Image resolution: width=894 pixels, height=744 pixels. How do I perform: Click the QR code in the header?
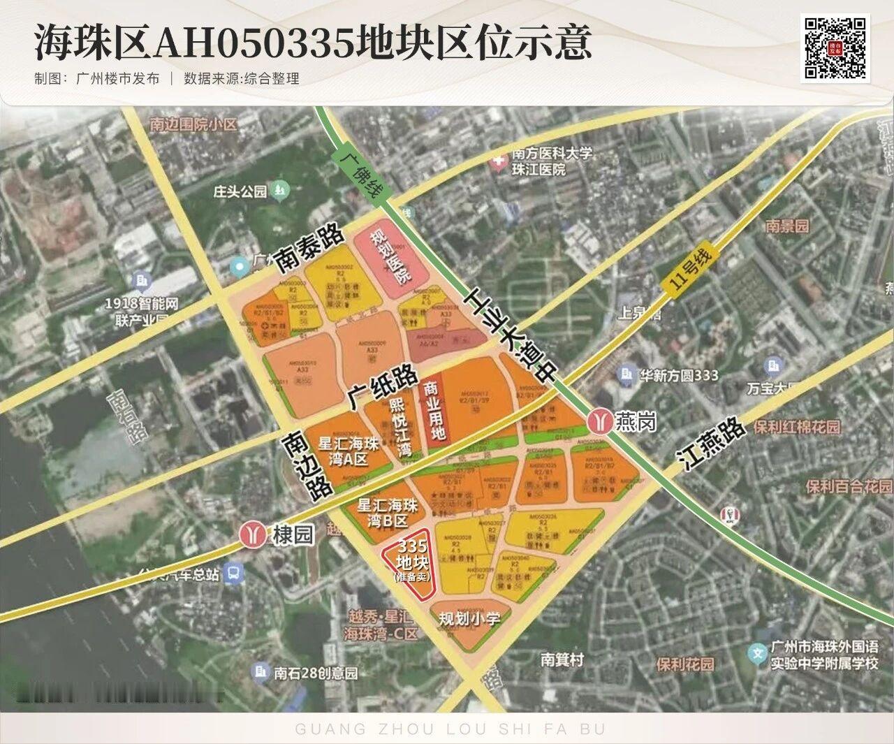[836, 48]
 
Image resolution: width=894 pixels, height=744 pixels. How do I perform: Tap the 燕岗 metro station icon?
[599, 421]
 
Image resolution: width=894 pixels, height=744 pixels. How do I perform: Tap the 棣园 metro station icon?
[251, 534]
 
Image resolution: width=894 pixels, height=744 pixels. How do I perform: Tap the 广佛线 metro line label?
[358, 173]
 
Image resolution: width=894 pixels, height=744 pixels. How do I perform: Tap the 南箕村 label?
[562, 659]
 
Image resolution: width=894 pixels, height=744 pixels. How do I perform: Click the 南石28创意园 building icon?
[261, 672]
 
